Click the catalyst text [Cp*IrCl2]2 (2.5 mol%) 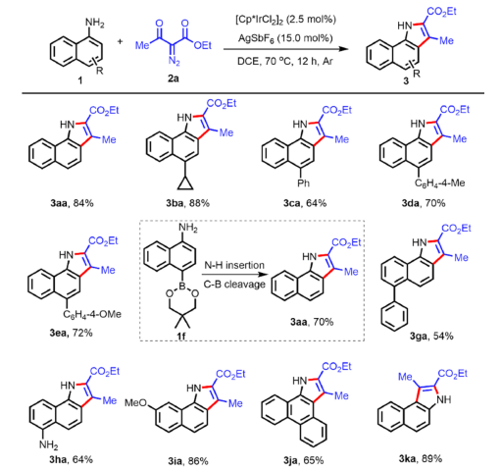(x=285, y=20)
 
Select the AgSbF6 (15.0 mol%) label (x=285, y=38)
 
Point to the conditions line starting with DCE (x=285, y=61)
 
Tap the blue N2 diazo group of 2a (x=174, y=61)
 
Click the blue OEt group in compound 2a (x=203, y=45)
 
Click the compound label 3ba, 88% (x=187, y=203)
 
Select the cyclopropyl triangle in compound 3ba (x=185, y=184)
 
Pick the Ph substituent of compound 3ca (x=303, y=183)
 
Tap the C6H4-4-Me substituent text (x=439, y=183)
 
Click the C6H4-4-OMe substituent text (x=92, y=315)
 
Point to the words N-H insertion (x=234, y=265)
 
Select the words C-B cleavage (x=234, y=285)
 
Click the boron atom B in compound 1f (x=182, y=286)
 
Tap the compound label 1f (x=181, y=336)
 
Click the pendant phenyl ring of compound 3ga (x=394, y=316)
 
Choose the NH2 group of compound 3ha (x=48, y=444)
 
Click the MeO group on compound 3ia (x=136, y=403)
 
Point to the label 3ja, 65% (x=304, y=460)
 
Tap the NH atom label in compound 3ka (x=444, y=399)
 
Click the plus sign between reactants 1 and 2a (x=121, y=41)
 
